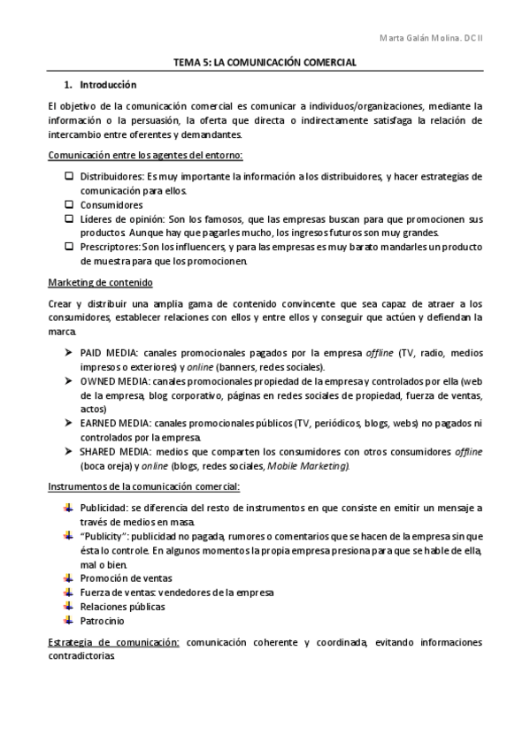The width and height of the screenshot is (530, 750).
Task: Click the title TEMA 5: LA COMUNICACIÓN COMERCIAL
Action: coord(265,64)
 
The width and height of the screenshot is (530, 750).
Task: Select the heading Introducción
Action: coord(108,86)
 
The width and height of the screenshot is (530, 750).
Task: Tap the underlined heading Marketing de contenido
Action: coord(99,283)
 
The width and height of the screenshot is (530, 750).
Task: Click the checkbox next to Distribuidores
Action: coord(69,176)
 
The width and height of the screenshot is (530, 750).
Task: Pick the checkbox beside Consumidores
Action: coord(69,203)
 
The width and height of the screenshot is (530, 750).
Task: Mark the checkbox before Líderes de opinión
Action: coord(69,218)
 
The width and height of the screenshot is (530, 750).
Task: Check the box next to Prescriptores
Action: coord(69,247)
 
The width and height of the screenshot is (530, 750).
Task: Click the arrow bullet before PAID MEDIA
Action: coord(69,352)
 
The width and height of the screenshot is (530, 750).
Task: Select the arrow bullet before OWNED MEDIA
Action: coord(69,380)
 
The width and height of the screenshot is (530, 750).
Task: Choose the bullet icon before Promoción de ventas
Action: coord(69,577)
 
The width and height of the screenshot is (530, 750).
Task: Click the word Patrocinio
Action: coord(101,621)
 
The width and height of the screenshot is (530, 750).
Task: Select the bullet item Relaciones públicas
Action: coord(122,606)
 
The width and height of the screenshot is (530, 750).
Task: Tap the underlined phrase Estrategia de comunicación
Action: coord(113,642)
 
